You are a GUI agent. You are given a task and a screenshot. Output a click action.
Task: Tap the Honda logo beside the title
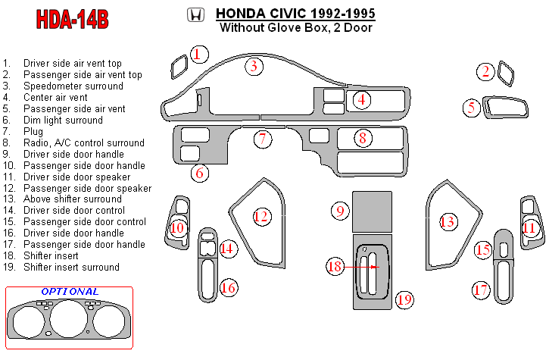[x=195, y=15]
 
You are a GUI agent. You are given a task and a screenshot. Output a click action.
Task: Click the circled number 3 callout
[x=254, y=66]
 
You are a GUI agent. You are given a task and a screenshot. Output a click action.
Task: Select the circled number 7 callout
[x=263, y=139]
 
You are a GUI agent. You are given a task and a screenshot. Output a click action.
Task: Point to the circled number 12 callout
[x=261, y=217]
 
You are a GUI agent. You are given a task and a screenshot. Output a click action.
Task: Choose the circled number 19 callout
[x=404, y=299]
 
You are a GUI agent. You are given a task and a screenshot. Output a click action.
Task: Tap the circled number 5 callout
[x=472, y=108]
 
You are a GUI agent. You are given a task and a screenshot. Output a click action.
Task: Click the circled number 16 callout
[x=228, y=288]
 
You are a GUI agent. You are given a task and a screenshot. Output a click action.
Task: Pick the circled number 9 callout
[x=341, y=210]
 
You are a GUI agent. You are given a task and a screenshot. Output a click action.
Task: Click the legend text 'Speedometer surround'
[x=73, y=86]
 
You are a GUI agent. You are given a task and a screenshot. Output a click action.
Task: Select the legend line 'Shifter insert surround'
[x=71, y=268]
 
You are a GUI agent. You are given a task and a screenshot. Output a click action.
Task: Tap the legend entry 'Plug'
[x=34, y=132]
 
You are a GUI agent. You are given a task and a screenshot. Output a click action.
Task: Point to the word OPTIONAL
[x=70, y=292]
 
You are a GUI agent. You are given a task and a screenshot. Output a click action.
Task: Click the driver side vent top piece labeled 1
[x=179, y=67]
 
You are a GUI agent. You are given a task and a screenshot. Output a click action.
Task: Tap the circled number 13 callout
[x=448, y=221]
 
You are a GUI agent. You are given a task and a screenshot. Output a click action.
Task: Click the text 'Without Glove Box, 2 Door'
[x=295, y=29]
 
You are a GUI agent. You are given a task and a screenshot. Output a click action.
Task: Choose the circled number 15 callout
[x=483, y=249]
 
